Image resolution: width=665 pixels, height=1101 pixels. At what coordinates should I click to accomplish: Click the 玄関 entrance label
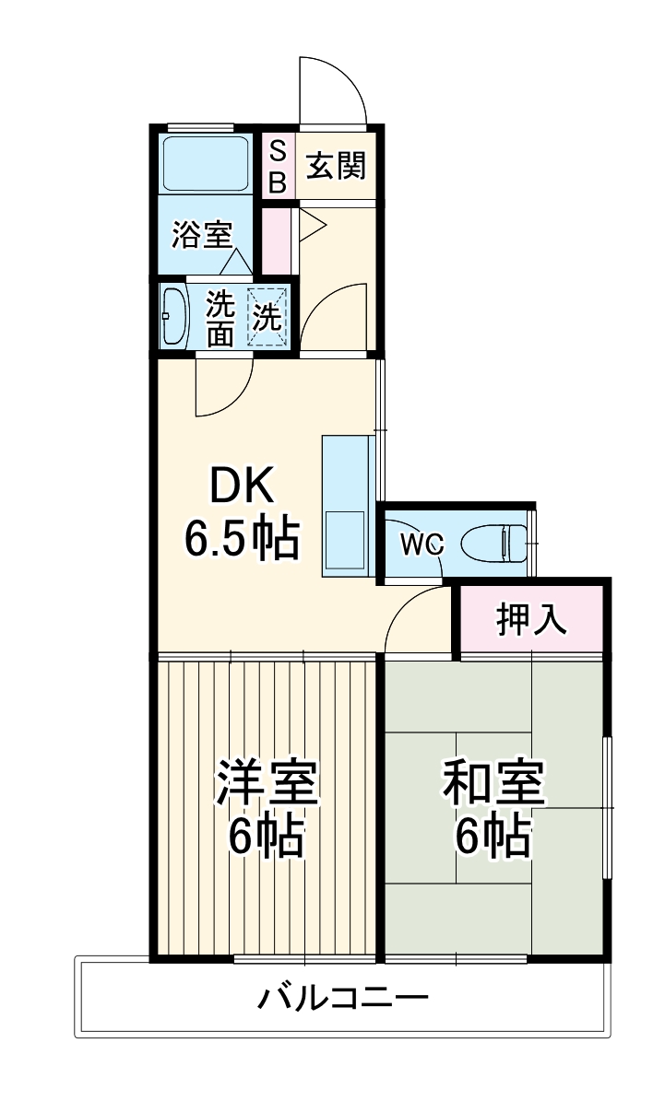[337, 167]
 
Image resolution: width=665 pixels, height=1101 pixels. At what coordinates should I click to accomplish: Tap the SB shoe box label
[277, 167]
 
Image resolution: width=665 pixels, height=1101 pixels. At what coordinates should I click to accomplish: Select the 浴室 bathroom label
[201, 235]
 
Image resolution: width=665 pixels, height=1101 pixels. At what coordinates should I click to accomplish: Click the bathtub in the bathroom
[205, 164]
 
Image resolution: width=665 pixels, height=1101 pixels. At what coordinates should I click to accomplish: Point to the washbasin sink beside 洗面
[173, 315]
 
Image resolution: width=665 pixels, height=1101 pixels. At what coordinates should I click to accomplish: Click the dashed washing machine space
[268, 317]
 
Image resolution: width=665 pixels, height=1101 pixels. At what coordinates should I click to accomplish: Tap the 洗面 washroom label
[220, 317]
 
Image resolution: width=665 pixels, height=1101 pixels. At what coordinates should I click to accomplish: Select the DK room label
[242, 486]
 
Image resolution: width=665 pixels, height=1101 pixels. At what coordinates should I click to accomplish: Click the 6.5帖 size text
[242, 539]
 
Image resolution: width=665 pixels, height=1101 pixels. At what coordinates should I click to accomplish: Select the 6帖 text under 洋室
[267, 837]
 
